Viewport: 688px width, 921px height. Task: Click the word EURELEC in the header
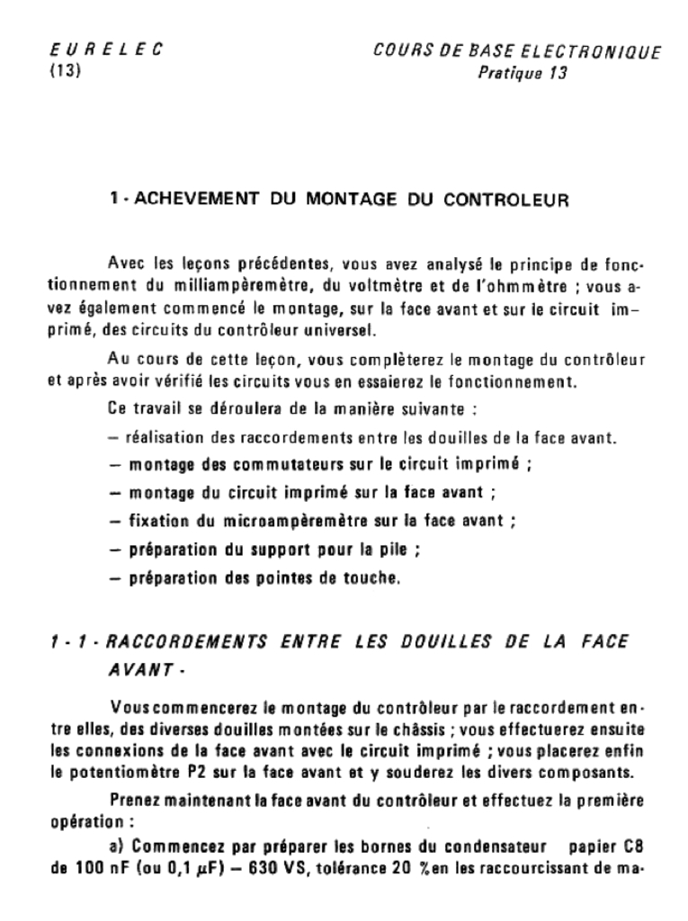click(x=104, y=51)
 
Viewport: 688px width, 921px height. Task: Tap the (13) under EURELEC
click(x=65, y=73)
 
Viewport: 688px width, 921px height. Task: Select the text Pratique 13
click(x=522, y=74)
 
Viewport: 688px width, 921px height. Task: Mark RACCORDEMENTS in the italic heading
click(x=187, y=641)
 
